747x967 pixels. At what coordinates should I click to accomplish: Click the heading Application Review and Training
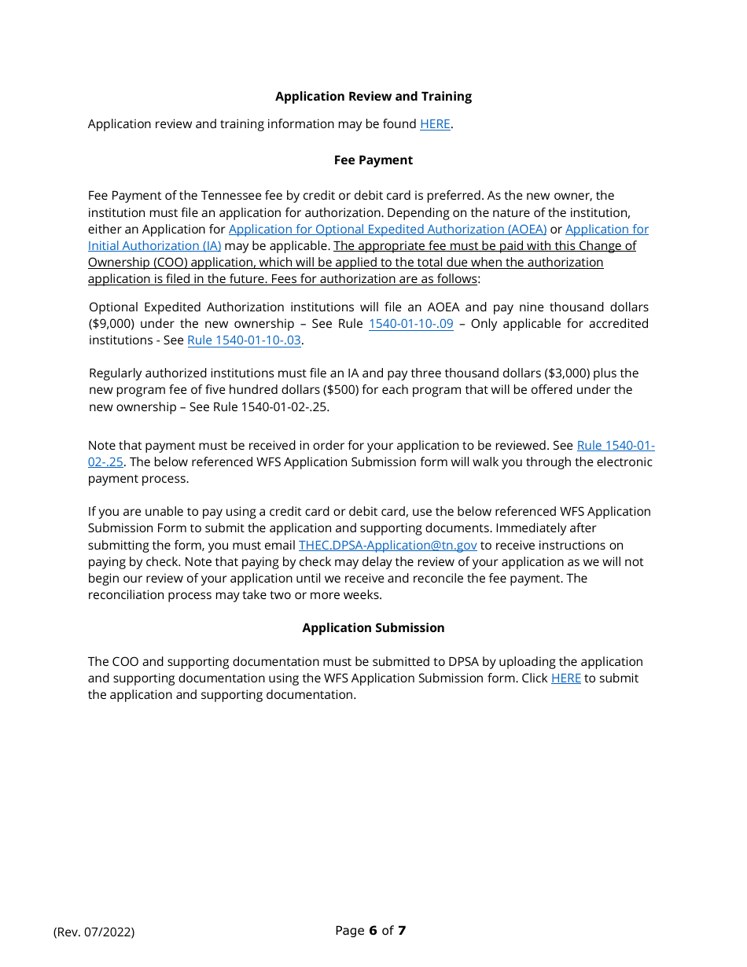(x=373, y=97)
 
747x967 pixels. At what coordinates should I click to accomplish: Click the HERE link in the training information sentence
(x=435, y=124)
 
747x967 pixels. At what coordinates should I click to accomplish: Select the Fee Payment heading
(x=373, y=160)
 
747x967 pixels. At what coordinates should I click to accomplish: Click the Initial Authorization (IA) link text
(x=154, y=246)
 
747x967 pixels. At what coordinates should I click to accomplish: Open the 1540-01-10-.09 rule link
(x=410, y=324)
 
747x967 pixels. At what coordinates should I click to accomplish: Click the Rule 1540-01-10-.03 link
(x=244, y=340)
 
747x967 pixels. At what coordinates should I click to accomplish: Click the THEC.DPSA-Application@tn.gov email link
(x=388, y=546)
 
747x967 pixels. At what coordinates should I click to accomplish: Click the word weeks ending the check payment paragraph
(x=363, y=595)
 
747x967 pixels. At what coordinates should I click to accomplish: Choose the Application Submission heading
(x=373, y=628)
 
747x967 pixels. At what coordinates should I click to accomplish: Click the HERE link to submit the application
(x=565, y=678)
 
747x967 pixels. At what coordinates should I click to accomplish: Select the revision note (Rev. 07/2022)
(x=94, y=932)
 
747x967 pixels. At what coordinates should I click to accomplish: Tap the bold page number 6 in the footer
(x=372, y=931)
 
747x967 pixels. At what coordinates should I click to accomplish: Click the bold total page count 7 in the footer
(x=402, y=931)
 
